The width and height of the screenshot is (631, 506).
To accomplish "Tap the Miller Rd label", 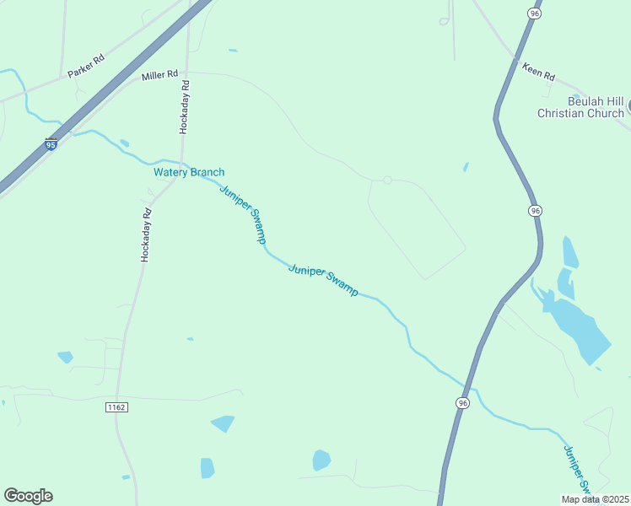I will [159, 76].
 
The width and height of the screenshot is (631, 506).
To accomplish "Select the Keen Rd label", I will [538, 72].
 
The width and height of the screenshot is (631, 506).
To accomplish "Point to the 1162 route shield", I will [116, 407].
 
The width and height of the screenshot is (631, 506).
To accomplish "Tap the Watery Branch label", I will [189, 172].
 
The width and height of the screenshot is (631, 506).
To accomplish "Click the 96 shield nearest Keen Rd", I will [535, 13].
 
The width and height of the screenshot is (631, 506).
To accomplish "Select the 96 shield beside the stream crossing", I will [462, 404].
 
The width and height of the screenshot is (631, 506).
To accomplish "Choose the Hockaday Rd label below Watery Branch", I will [145, 234].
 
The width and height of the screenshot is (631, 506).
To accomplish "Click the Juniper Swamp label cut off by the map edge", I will [580, 470].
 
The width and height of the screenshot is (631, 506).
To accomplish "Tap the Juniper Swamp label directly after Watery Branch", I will [243, 214].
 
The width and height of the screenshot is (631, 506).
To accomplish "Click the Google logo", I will [28, 496].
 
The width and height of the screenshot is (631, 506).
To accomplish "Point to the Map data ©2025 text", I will [594, 499].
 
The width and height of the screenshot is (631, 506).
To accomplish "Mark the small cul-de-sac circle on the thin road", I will [387, 180].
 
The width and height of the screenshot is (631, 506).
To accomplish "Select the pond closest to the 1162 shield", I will [223, 423].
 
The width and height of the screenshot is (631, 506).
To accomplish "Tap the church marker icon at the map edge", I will [628, 107].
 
